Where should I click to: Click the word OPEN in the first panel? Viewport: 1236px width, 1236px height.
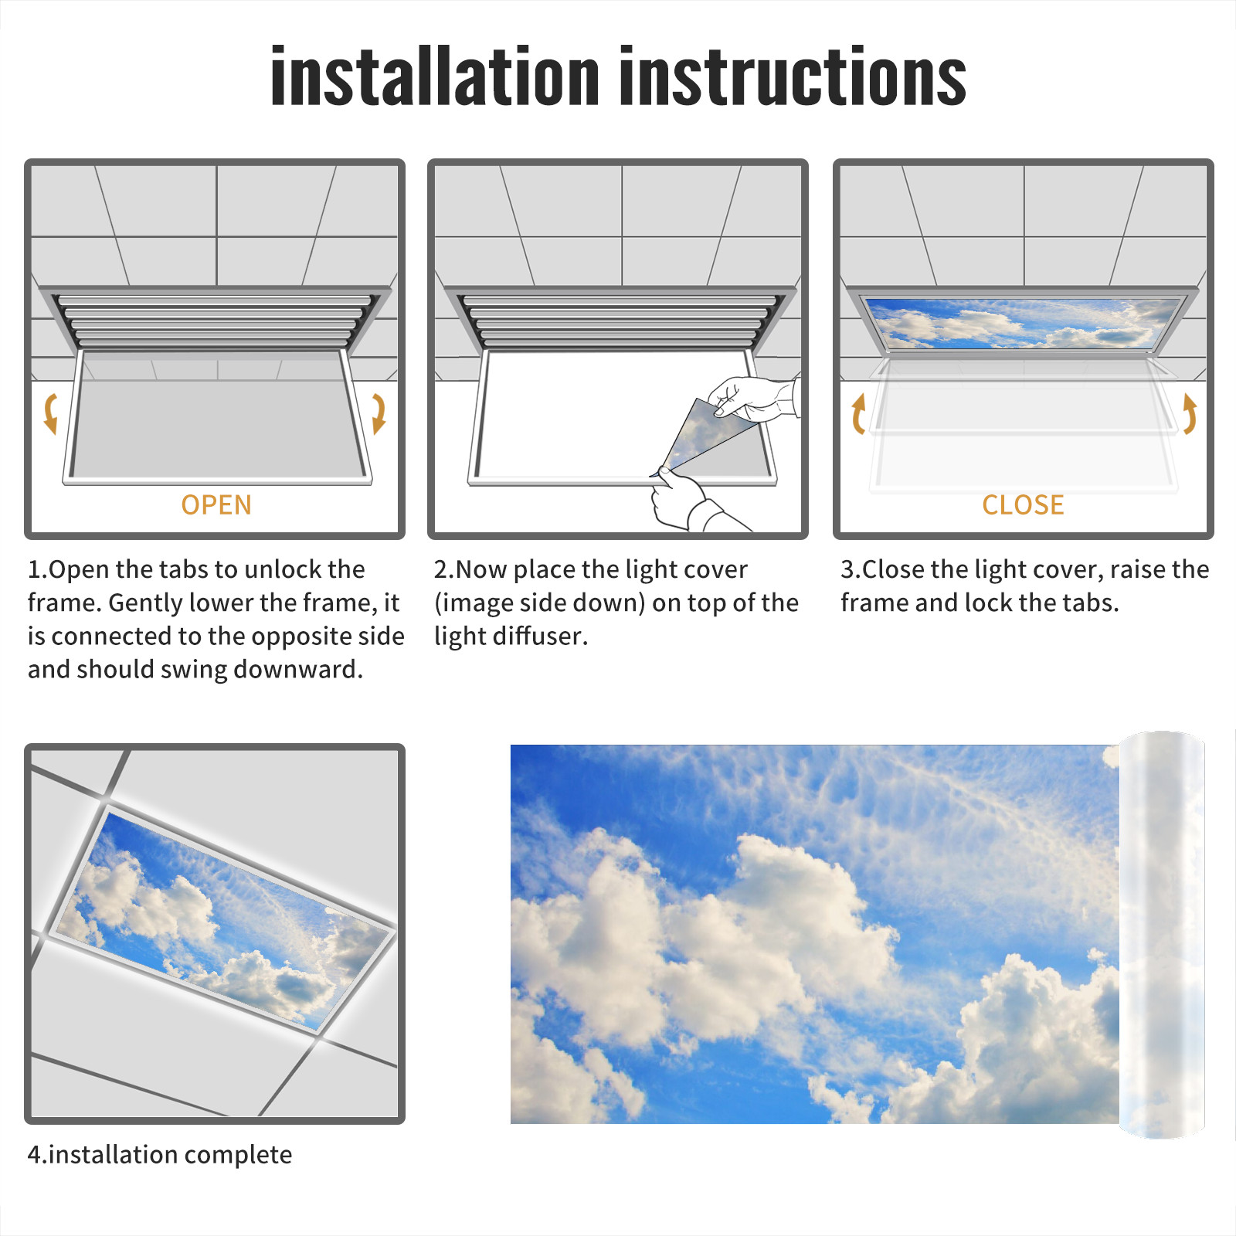(x=216, y=504)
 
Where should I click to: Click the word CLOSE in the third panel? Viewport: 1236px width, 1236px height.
(x=1023, y=504)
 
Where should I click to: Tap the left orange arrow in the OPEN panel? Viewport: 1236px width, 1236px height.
(x=51, y=414)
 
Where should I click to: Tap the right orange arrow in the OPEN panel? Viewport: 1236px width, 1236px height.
(x=379, y=414)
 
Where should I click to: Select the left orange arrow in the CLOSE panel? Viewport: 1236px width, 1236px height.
(x=857, y=414)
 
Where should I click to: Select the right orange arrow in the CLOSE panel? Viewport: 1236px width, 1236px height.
(x=1190, y=414)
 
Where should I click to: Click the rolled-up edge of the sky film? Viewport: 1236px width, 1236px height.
(x=1162, y=935)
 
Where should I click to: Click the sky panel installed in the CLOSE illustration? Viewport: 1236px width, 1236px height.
(x=1023, y=323)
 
